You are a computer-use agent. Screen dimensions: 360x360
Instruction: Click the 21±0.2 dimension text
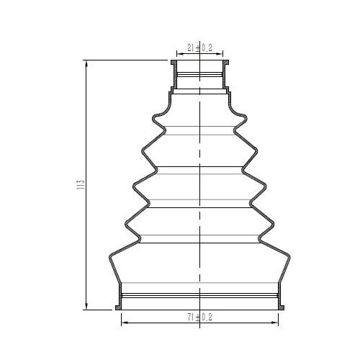[x=199, y=48]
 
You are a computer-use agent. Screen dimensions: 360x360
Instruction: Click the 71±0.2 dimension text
[x=200, y=318]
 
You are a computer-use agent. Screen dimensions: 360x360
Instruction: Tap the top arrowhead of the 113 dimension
[x=86, y=63]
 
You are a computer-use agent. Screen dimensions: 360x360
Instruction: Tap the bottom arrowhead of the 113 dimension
[x=86, y=306]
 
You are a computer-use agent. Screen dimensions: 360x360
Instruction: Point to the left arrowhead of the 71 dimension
[x=125, y=323]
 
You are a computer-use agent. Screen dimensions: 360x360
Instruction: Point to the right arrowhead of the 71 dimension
[x=274, y=323]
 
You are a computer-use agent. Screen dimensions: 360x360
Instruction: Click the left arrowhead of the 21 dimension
[x=181, y=54]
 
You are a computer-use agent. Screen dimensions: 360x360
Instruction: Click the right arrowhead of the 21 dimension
[x=220, y=54]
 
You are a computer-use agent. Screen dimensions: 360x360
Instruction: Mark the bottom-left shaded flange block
[x=118, y=307]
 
